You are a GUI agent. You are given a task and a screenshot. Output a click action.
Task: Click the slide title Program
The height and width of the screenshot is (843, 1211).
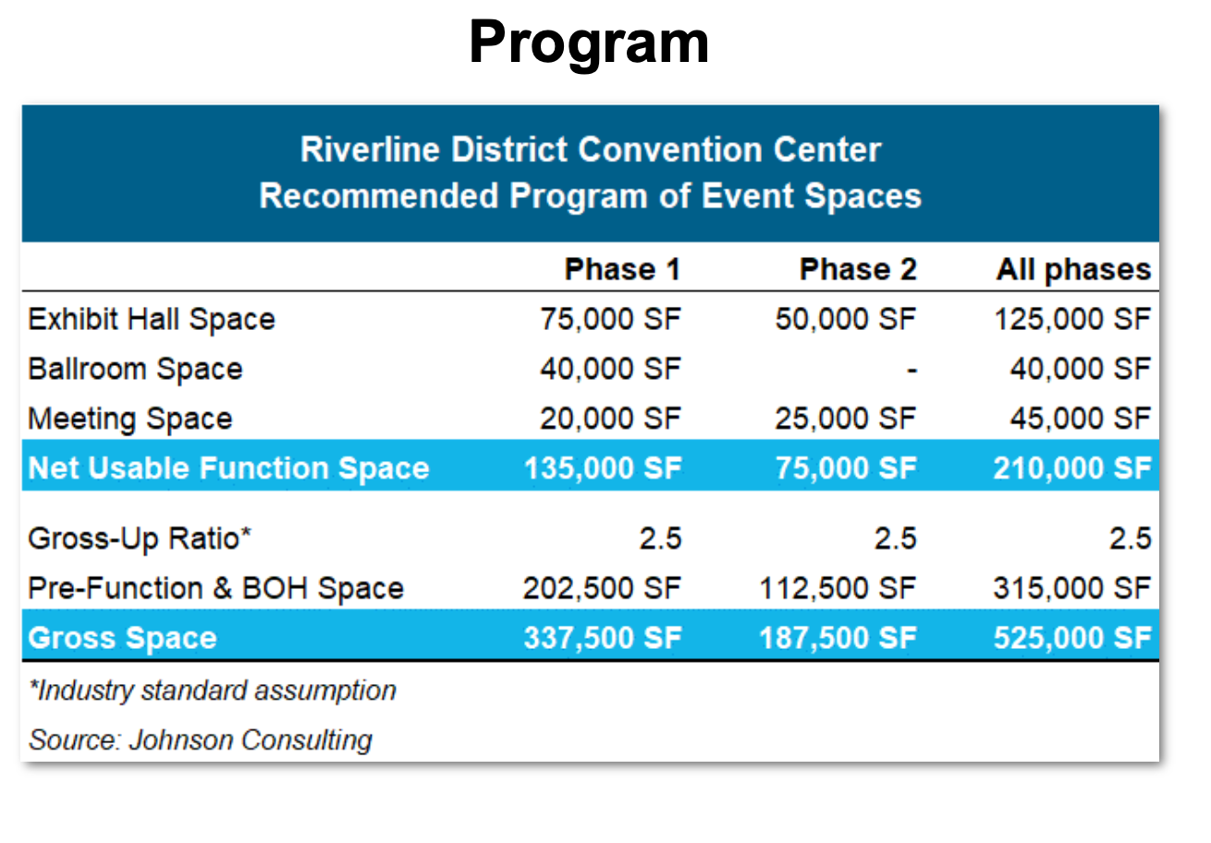[589, 43]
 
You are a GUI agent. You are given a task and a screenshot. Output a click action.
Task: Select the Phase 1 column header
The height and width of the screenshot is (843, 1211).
[622, 270]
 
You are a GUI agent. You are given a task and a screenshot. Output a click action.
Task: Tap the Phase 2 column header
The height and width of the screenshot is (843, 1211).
[858, 270]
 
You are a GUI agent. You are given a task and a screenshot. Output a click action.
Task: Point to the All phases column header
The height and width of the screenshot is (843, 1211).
[1073, 270]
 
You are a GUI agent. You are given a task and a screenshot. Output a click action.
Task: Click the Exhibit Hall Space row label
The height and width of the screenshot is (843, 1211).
[152, 320]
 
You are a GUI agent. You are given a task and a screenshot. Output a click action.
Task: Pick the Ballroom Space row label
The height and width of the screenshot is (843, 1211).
[135, 369]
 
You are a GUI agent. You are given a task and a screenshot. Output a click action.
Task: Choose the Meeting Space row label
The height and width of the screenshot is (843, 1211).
[129, 419]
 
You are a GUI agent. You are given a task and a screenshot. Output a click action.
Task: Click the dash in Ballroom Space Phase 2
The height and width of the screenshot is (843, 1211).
[911, 371]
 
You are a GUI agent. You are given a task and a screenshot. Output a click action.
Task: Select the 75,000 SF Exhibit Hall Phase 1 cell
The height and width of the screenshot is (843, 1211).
[610, 320]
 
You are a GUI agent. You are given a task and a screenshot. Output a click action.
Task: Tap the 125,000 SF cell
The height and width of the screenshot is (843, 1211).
[1072, 320]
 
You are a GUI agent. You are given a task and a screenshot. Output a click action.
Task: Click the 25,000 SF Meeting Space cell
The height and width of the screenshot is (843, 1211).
[846, 419]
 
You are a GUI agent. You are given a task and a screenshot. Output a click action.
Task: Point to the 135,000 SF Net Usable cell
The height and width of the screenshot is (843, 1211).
[602, 469]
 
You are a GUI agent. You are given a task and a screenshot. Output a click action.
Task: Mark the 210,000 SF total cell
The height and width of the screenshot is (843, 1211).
[1072, 469]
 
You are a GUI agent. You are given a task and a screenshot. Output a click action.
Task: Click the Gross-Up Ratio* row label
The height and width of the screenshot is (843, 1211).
[140, 538]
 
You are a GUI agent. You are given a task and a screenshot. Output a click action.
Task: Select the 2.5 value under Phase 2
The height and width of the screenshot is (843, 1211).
[896, 538]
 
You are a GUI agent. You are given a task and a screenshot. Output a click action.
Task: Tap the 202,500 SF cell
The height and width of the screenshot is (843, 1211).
[602, 588]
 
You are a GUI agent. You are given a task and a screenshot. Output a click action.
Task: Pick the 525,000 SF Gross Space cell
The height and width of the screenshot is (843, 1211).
[1072, 638]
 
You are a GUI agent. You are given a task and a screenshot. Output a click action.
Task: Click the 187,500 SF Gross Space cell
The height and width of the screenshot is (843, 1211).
[838, 638]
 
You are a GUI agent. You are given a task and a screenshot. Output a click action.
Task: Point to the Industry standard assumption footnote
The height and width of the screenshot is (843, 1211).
[212, 690]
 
